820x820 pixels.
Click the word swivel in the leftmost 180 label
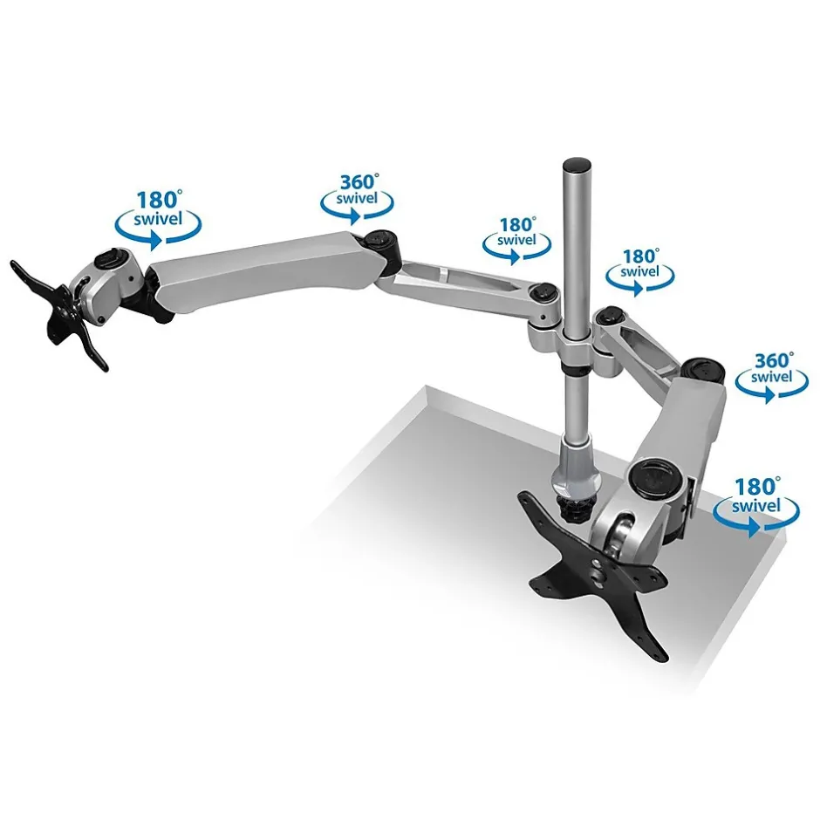tap(158, 219)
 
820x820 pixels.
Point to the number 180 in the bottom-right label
tap(756, 487)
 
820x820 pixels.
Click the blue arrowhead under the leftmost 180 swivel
tap(155, 241)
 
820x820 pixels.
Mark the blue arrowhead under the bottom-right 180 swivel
tap(753, 527)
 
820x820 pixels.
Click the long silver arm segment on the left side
tap(262, 272)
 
